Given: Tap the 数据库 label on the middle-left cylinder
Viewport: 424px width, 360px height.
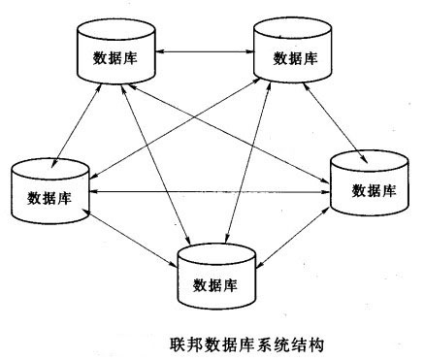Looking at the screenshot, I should coord(49,200).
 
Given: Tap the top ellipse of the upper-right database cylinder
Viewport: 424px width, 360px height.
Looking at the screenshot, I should coord(290,32).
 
